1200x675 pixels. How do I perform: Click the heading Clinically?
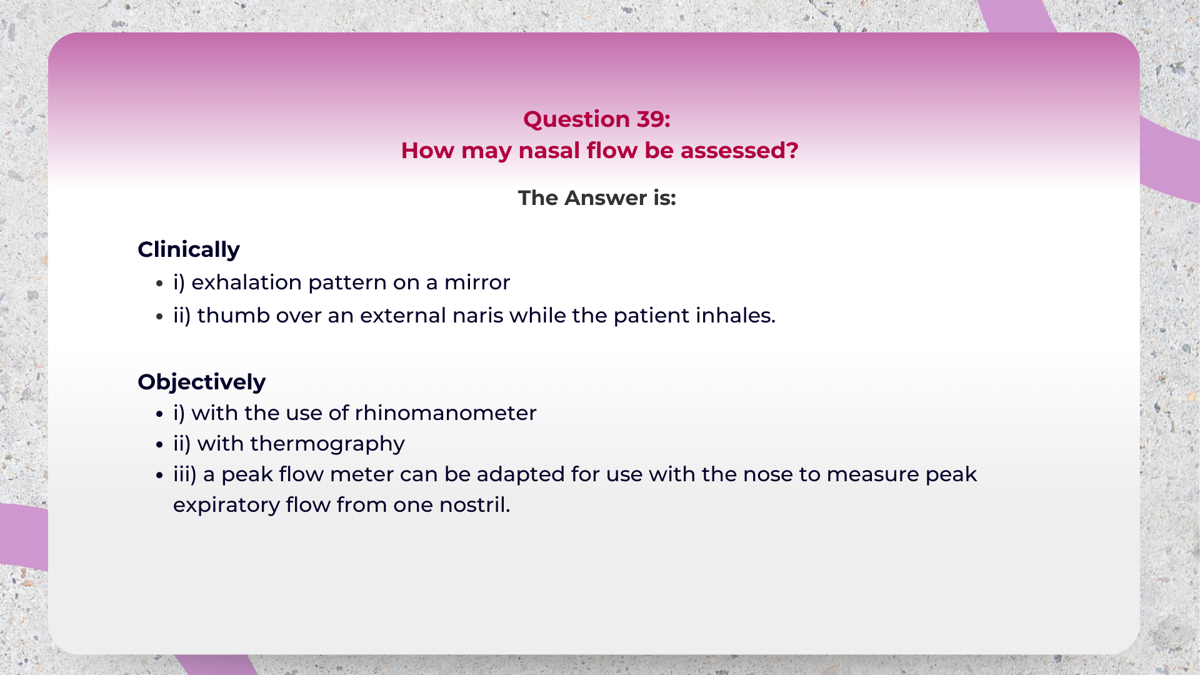pos(189,249)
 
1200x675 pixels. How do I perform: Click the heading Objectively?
pos(201,382)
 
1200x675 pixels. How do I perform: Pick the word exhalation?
pos(246,282)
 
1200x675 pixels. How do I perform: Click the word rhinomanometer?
pos(446,413)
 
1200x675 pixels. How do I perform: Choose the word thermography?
pos(327,444)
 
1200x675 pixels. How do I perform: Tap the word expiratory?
pos(226,506)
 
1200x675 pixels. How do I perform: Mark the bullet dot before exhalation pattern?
pos(159,284)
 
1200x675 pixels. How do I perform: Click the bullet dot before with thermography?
pos(159,445)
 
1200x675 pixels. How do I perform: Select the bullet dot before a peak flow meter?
pos(159,476)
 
